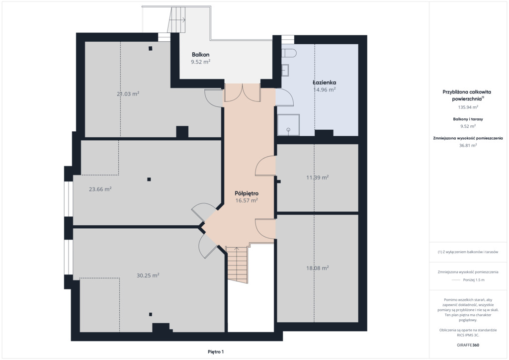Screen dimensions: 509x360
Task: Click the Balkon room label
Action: coord(200,55)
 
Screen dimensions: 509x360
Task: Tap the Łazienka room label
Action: coord(324,83)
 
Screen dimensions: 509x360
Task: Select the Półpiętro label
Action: coord(247,193)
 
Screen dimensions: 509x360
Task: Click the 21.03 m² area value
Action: coord(128,94)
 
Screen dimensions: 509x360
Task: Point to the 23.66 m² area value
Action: coord(100,189)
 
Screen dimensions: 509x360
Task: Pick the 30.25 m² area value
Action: coord(148,275)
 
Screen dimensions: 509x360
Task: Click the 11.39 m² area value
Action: coord(318,177)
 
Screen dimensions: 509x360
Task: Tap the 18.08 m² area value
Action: coord(318,268)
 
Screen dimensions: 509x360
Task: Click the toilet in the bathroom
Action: coord(288,53)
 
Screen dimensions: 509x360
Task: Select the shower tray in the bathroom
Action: coord(288,125)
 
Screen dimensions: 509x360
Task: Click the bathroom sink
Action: coord(285,70)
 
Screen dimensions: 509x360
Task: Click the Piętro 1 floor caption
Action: coord(216,352)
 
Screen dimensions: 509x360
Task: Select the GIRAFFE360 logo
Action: coord(468,345)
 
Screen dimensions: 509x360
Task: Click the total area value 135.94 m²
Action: coord(468,107)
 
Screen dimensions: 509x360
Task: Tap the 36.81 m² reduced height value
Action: coord(468,145)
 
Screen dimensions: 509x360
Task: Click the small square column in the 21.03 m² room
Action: coord(150,49)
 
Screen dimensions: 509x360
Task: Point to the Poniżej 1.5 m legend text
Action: coord(474,280)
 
